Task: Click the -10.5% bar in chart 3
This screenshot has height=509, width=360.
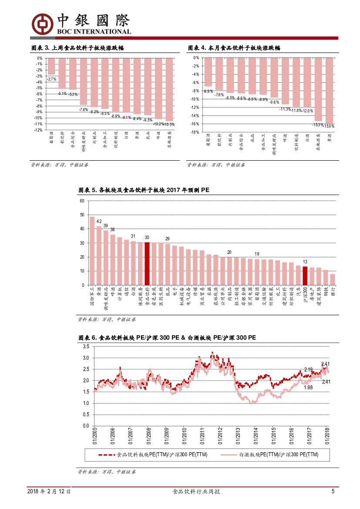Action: click(x=169, y=89)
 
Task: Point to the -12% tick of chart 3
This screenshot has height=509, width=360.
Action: click(x=39, y=130)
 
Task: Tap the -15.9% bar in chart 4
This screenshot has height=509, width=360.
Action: click(x=330, y=91)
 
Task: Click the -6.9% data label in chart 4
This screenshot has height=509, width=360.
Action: click(x=208, y=91)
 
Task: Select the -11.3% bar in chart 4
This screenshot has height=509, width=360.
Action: click(x=285, y=81)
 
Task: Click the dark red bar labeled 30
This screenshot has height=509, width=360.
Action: click(x=147, y=263)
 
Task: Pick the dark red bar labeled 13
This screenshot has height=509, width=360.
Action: click(x=305, y=276)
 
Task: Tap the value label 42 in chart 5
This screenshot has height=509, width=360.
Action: click(x=99, y=222)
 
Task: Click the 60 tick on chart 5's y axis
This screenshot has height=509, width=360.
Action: click(x=82, y=201)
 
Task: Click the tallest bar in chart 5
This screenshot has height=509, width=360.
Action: click(x=92, y=251)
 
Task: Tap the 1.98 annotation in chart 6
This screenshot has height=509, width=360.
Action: click(x=308, y=387)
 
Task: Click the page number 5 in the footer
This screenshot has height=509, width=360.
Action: click(x=333, y=491)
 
